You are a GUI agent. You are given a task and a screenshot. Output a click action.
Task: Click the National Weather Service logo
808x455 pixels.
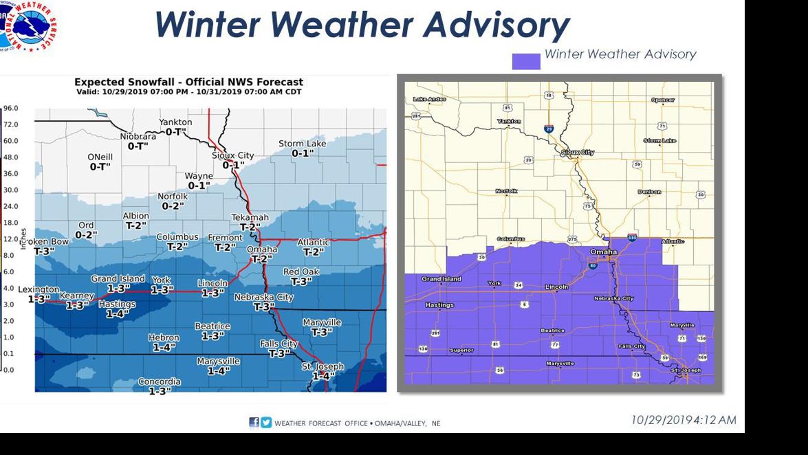pos(29,26)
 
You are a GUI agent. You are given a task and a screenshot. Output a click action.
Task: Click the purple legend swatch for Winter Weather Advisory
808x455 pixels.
pos(526,61)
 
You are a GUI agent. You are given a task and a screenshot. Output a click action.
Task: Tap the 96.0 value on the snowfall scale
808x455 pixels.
pos(10,109)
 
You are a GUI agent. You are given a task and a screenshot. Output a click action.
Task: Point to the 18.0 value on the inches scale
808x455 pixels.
pos(10,223)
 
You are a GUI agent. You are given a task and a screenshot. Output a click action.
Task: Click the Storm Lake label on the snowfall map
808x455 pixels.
pos(302,144)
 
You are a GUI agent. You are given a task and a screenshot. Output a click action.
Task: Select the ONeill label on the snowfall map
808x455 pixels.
pos(100,157)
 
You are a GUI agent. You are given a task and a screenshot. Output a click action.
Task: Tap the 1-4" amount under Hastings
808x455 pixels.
pos(118,314)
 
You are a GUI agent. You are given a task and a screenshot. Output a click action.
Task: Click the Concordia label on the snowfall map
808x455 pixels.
pos(160,381)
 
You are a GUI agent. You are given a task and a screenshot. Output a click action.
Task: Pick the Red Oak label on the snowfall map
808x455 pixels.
pos(301,271)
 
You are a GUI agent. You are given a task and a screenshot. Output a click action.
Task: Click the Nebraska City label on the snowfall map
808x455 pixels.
pos(263,297)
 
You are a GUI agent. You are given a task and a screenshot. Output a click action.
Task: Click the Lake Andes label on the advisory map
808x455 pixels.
pos(430,100)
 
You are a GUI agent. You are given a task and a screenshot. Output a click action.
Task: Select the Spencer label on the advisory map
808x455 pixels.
pos(663,100)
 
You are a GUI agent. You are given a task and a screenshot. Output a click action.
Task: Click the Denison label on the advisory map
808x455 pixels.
pos(648,192)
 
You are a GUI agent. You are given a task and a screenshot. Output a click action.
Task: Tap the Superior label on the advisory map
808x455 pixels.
pos(461,351)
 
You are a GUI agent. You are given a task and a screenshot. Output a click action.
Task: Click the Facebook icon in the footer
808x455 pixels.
pos(254,423)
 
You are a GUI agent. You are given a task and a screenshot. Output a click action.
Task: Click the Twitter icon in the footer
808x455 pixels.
pos(266,423)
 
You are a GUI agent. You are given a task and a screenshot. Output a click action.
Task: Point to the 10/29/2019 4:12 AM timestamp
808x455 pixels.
pos(683,420)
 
